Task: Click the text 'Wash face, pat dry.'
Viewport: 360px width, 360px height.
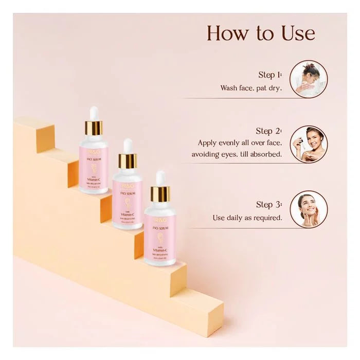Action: click(251, 88)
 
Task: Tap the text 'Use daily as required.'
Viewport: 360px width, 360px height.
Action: click(247, 218)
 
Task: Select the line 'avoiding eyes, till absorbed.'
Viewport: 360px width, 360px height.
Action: click(237, 154)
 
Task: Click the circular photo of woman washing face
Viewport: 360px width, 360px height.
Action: click(309, 79)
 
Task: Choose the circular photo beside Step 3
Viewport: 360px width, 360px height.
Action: click(309, 209)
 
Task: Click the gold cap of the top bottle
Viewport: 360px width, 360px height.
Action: click(94, 128)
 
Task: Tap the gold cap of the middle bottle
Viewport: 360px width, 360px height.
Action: click(128, 161)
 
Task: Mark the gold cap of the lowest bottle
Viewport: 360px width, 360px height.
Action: click(160, 194)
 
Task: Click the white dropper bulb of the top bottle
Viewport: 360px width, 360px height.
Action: click(94, 113)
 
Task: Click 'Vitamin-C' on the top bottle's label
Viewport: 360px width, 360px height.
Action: click(94, 181)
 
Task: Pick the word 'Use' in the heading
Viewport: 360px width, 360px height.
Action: click(296, 33)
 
